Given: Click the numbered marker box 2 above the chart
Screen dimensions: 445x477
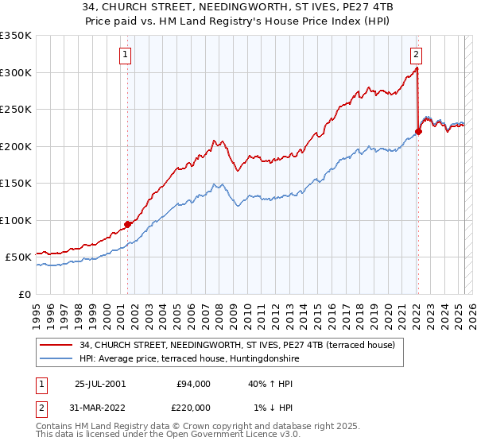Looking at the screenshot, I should click(417, 55).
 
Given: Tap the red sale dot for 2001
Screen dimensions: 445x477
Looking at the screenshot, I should click(127, 225).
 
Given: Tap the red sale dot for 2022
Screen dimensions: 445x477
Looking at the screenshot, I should click(419, 132).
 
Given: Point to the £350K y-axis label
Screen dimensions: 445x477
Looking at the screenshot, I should click(16, 36).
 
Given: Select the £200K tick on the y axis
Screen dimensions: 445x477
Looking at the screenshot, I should click(16, 146).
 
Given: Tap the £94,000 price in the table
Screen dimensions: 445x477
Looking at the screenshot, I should click(193, 384).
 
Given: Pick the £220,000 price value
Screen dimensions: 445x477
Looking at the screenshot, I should click(193, 408).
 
